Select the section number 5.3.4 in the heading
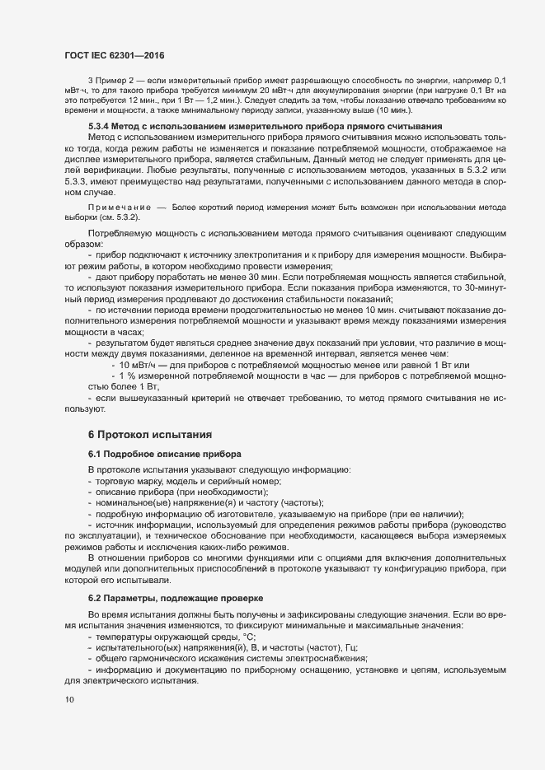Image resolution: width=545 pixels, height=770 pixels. [x=100, y=125]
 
